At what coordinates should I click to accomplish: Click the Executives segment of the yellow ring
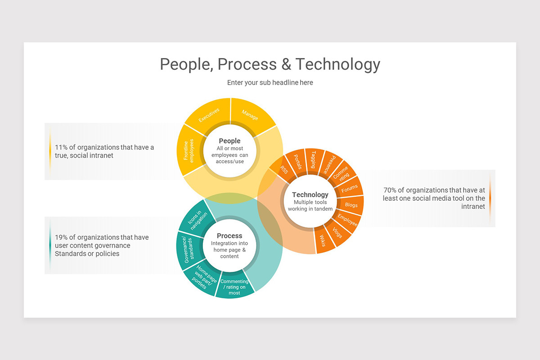(x=209, y=114)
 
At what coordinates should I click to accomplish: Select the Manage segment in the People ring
(x=250, y=114)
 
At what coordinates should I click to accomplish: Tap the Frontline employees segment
(x=189, y=150)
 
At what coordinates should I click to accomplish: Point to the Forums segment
(x=350, y=189)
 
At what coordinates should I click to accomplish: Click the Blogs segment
(x=351, y=205)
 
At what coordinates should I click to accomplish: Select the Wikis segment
(x=323, y=240)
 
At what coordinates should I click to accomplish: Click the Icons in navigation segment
(x=196, y=221)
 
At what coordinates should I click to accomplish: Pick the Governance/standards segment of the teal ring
(x=188, y=249)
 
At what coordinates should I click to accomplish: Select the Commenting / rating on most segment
(x=234, y=287)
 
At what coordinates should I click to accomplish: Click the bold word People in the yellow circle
(x=229, y=141)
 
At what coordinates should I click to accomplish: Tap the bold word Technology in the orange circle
(x=310, y=195)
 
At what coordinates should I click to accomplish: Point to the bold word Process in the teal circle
(x=229, y=236)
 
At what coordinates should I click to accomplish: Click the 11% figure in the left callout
(x=61, y=147)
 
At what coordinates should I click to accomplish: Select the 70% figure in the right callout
(x=390, y=190)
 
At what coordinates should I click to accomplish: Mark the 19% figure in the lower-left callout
(x=62, y=237)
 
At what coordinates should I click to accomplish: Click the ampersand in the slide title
(x=286, y=64)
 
